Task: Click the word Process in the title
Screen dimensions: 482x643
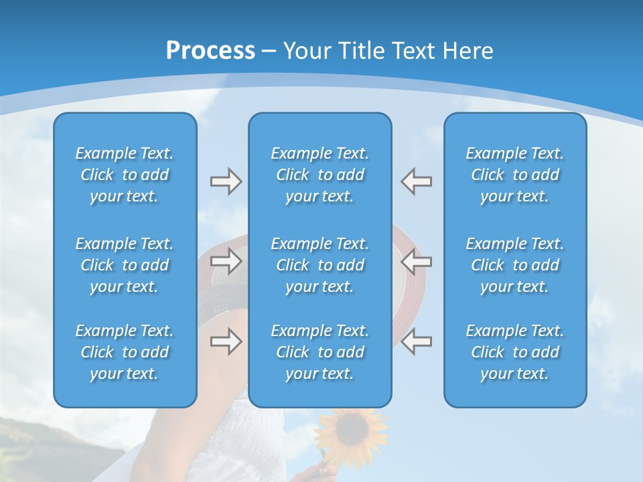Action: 210,51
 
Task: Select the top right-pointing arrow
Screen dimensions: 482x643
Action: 226,181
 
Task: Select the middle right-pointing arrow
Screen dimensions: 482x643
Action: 226,261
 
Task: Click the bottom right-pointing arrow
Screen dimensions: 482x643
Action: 226,341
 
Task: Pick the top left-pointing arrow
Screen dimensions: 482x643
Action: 417,181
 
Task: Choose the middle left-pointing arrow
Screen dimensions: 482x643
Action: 417,261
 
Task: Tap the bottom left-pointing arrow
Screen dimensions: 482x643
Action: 417,341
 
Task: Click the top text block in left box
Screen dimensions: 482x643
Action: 125,175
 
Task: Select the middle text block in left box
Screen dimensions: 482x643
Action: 125,265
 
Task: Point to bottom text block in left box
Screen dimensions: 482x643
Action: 125,352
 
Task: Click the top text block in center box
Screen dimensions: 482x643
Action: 320,175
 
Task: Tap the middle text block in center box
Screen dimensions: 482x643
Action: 320,265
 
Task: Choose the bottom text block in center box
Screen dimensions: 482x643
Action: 320,352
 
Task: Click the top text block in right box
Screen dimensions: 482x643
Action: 515,175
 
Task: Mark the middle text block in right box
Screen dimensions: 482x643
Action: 515,265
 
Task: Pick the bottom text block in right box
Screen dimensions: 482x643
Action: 515,352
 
